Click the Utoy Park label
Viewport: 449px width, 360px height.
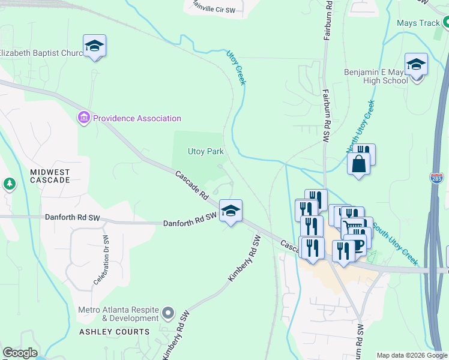(206, 152)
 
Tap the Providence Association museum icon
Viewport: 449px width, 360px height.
(83, 118)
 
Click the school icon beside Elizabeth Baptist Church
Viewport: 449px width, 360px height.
(94, 46)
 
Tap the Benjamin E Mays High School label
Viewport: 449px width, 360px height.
(376, 76)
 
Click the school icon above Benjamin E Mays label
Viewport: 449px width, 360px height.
(416, 65)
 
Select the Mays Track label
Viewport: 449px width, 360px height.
(418, 23)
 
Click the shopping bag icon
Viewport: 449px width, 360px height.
(358, 163)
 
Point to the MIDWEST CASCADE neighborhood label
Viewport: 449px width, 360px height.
(50, 176)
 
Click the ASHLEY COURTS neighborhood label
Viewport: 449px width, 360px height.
(114, 332)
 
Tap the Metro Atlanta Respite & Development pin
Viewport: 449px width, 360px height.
(168, 313)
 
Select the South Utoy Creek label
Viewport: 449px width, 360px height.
(395, 245)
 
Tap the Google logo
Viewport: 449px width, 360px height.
(20, 353)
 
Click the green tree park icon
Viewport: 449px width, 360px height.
(10, 184)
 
